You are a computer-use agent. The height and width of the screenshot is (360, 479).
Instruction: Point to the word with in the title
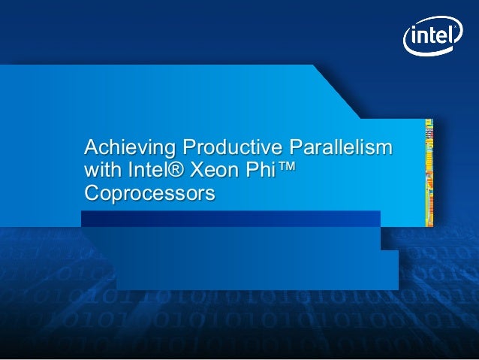pos(101,169)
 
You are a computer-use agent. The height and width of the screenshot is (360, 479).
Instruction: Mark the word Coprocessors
pos(150,194)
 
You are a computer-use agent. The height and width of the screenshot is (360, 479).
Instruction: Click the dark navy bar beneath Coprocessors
pos(230,219)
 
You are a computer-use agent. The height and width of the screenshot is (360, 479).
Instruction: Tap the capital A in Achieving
pos(91,144)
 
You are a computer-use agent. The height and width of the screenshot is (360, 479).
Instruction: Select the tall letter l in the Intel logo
pos(449,34)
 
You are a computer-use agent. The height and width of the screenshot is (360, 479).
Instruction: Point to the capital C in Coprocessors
pos(92,194)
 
